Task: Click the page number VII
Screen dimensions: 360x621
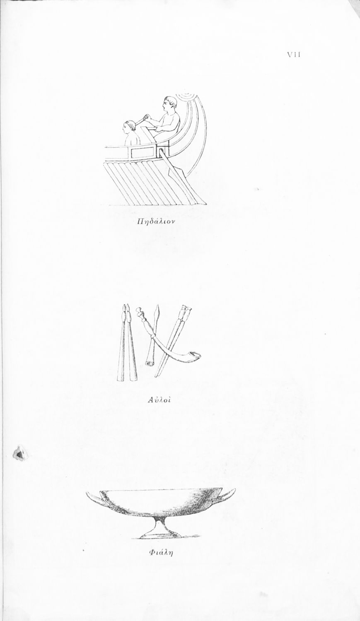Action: [294, 55]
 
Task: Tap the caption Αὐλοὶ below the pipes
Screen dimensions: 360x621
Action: [159, 400]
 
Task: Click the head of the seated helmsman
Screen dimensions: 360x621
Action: [170, 103]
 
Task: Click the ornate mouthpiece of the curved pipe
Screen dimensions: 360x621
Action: [140, 312]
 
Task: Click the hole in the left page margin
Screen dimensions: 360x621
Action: [19, 454]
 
